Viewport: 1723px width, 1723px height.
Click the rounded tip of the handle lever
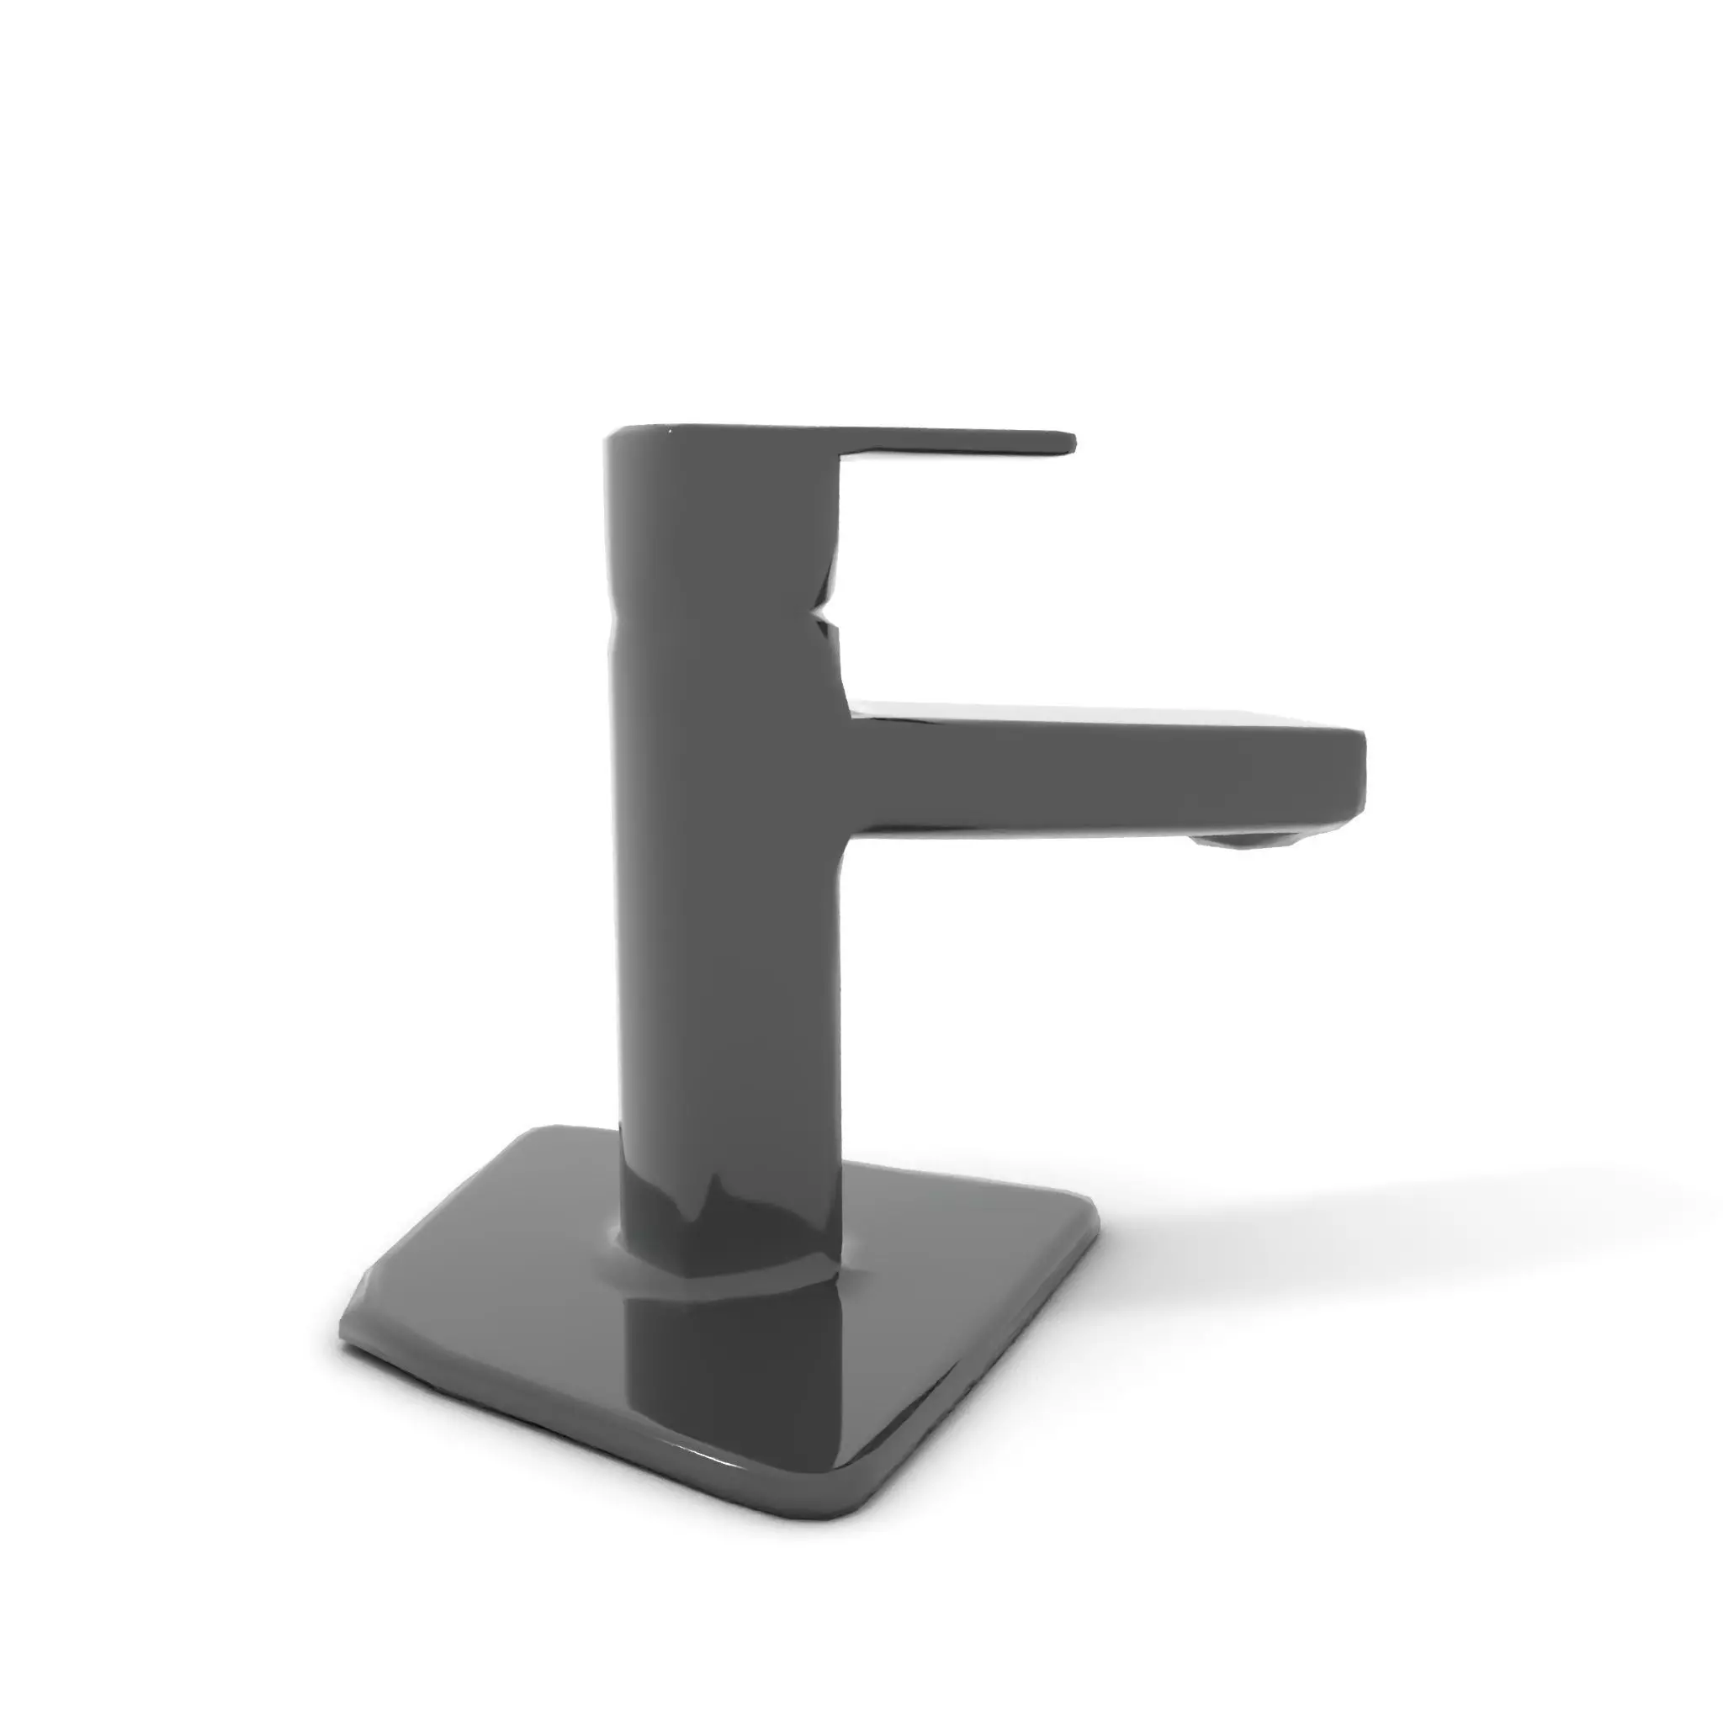coord(1070,443)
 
